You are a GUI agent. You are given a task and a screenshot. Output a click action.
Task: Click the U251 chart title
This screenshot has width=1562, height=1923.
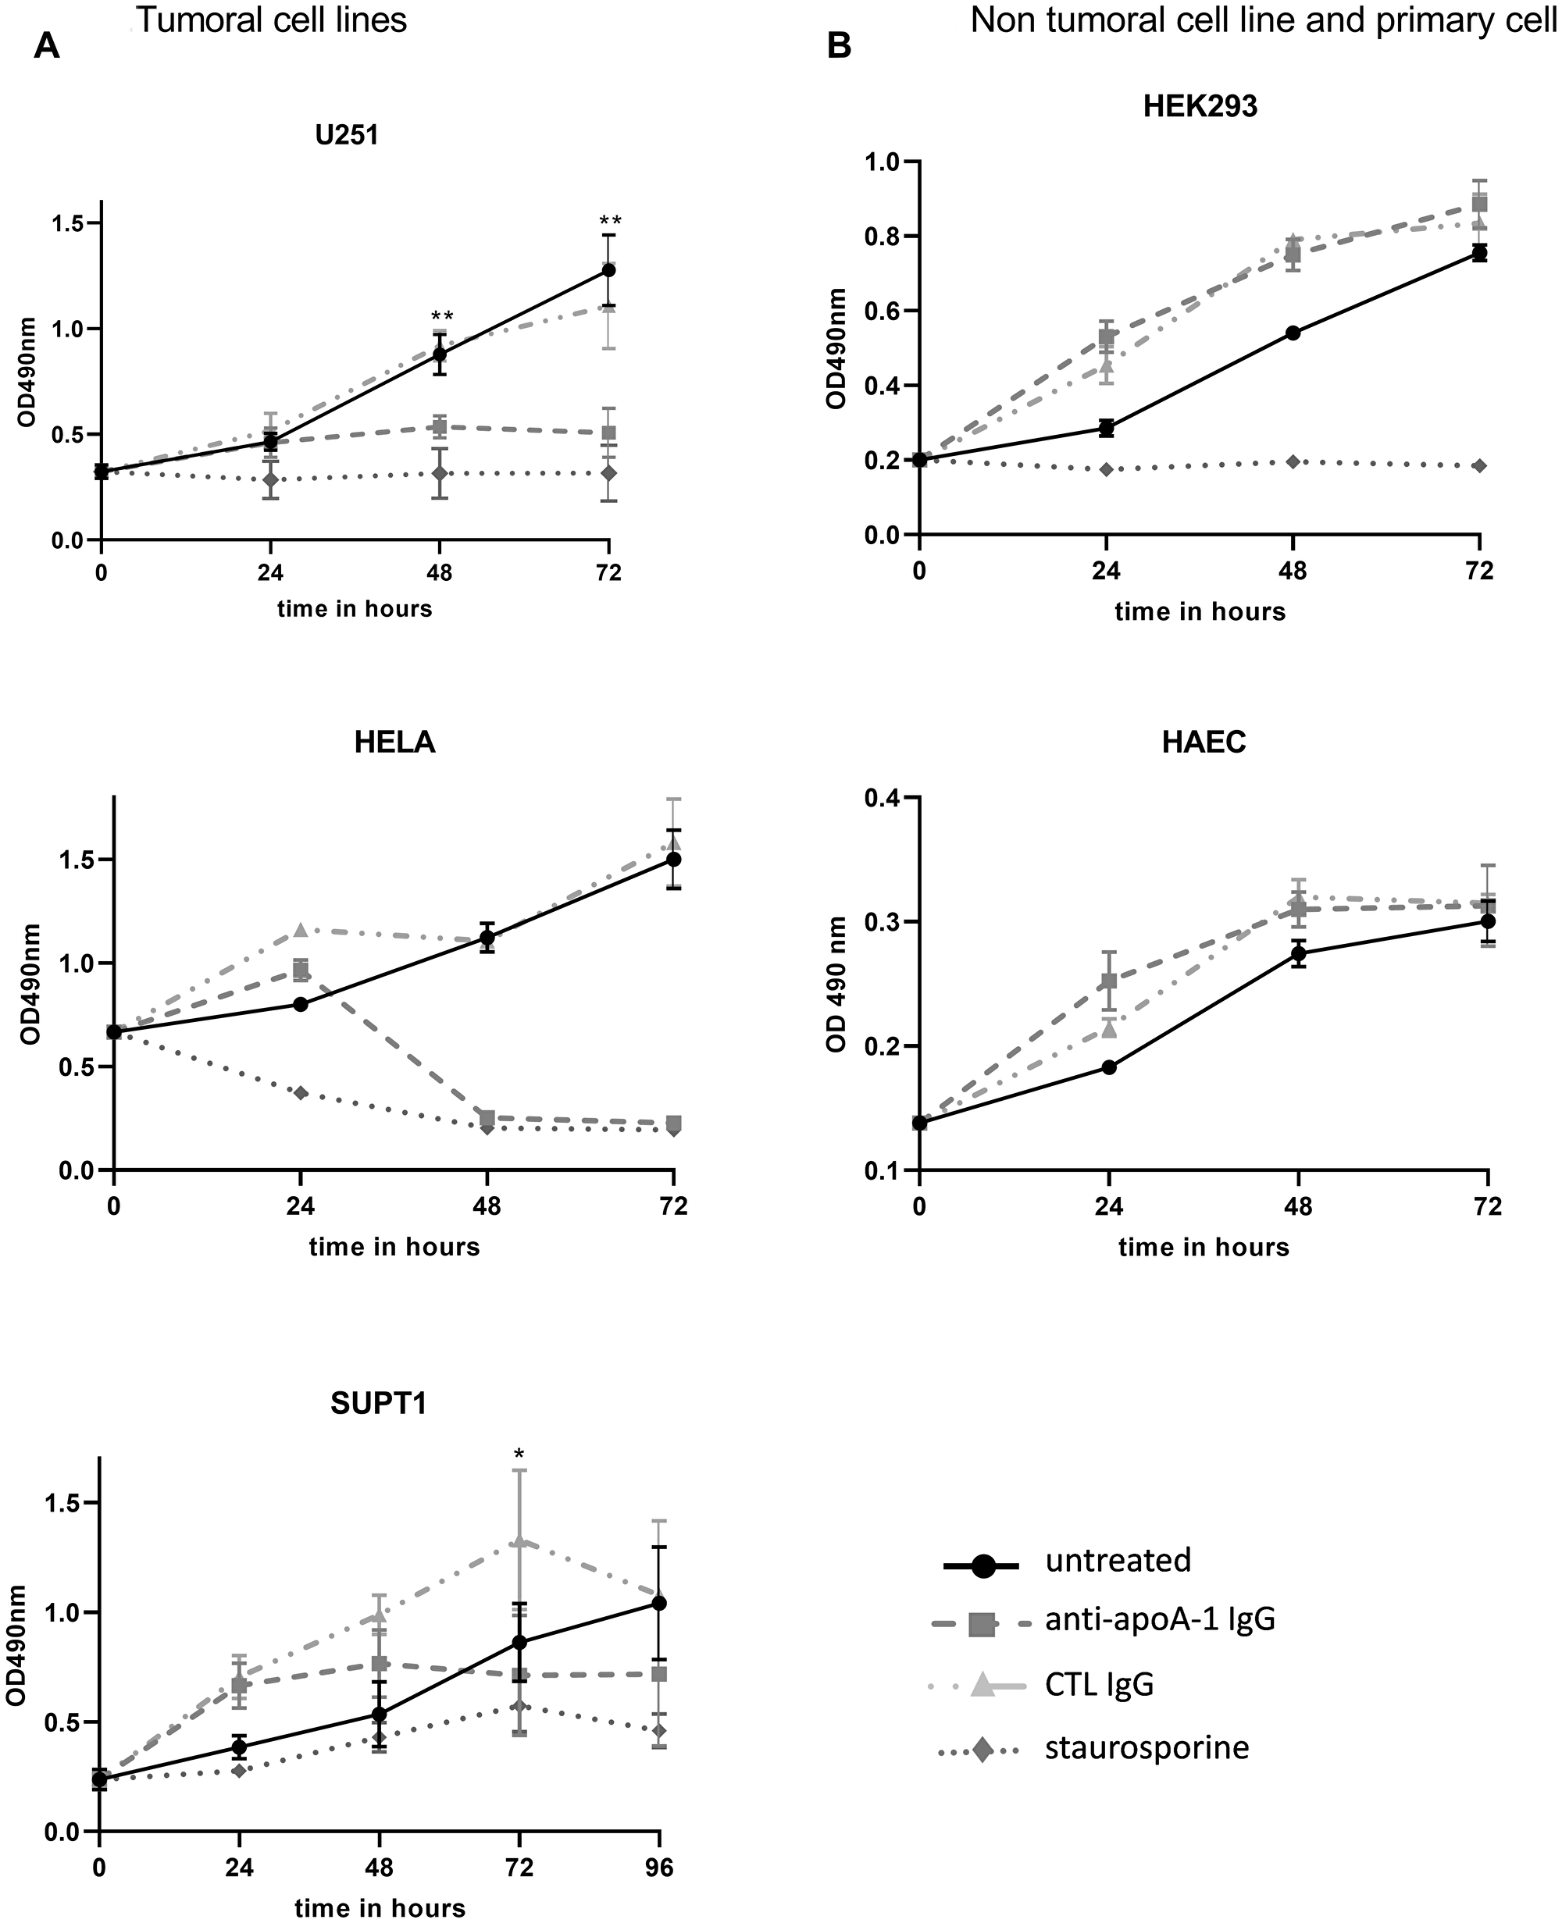pyautogui.click(x=347, y=135)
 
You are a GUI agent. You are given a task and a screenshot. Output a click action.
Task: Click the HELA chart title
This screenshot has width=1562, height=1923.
pyautogui.click(x=394, y=742)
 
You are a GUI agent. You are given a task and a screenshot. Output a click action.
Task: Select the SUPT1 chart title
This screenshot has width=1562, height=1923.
pyautogui.click(x=378, y=1403)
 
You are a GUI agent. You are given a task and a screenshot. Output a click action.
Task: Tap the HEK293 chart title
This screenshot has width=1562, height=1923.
pyautogui.click(x=1200, y=106)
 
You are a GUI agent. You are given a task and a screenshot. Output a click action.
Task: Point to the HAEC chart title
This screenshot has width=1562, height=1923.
pyautogui.click(x=1204, y=742)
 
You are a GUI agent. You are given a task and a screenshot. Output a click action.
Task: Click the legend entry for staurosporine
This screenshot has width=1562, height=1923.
pyautogui.click(x=1147, y=1747)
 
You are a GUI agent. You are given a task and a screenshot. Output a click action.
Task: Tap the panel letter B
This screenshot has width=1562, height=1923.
pyautogui.click(x=839, y=45)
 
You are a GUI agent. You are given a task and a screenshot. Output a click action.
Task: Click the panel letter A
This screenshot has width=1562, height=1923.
pyautogui.click(x=46, y=45)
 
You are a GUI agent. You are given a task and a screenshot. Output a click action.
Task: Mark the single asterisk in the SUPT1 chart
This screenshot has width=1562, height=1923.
pyautogui.click(x=519, y=1455)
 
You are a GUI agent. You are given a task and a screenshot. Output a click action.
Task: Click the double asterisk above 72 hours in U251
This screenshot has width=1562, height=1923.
pyautogui.click(x=611, y=221)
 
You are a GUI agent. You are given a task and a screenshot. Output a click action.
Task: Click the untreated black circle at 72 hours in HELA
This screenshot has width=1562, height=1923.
pyautogui.click(x=674, y=859)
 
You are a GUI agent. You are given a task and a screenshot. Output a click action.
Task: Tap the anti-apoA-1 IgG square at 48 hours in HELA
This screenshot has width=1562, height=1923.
pyautogui.click(x=487, y=1118)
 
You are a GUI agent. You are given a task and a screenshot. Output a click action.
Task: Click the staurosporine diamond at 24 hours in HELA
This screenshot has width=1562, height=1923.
pyautogui.click(x=301, y=1093)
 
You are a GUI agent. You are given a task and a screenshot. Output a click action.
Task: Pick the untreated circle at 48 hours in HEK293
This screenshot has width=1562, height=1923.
pyautogui.click(x=1293, y=333)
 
